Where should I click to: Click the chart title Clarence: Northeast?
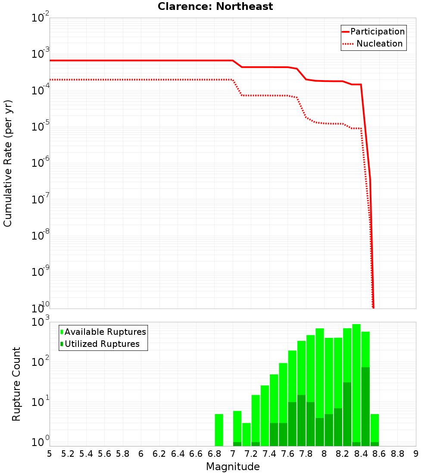click(x=215, y=6)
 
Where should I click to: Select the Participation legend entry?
click(x=377, y=31)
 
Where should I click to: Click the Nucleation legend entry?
click(x=379, y=44)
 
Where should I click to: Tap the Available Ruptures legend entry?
click(x=105, y=332)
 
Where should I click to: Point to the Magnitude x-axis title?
click(x=233, y=467)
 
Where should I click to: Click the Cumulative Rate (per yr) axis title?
click(x=8, y=163)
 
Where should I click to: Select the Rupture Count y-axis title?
click(x=16, y=384)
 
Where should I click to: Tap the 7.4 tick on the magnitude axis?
click(x=269, y=454)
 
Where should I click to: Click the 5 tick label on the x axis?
click(x=50, y=454)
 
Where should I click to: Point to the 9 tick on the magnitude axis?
click(x=416, y=454)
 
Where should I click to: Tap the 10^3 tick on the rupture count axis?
click(x=41, y=322)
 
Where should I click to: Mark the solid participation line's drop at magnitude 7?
click(x=237, y=64)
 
